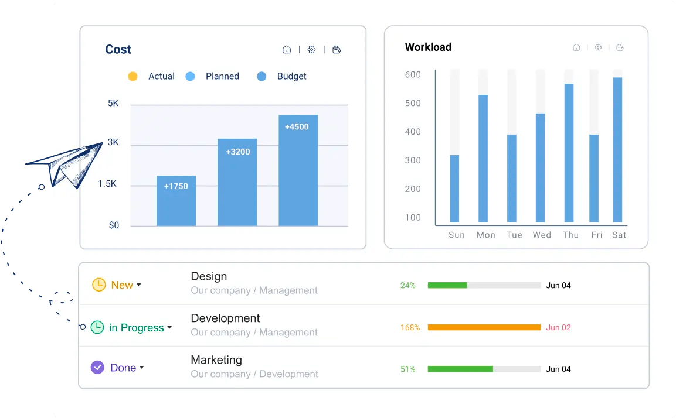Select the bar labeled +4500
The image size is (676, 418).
click(298, 170)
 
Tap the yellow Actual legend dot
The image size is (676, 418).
click(133, 76)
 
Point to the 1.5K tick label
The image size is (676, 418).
click(107, 184)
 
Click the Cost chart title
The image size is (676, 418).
click(118, 50)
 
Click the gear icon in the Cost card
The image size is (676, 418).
click(311, 50)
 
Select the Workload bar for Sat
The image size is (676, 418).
click(617, 149)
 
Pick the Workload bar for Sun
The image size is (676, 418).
click(454, 189)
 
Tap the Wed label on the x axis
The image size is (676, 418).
click(542, 235)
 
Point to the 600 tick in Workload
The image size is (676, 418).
click(413, 74)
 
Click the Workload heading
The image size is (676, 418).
click(428, 47)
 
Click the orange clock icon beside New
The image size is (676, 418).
click(98, 285)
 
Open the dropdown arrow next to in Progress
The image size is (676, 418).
click(169, 328)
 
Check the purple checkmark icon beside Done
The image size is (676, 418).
click(97, 368)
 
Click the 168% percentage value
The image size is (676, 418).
click(410, 327)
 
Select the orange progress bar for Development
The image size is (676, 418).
click(484, 327)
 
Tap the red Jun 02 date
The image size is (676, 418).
click(558, 327)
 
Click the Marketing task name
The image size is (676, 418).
click(216, 360)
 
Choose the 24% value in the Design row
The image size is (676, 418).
click(408, 286)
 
